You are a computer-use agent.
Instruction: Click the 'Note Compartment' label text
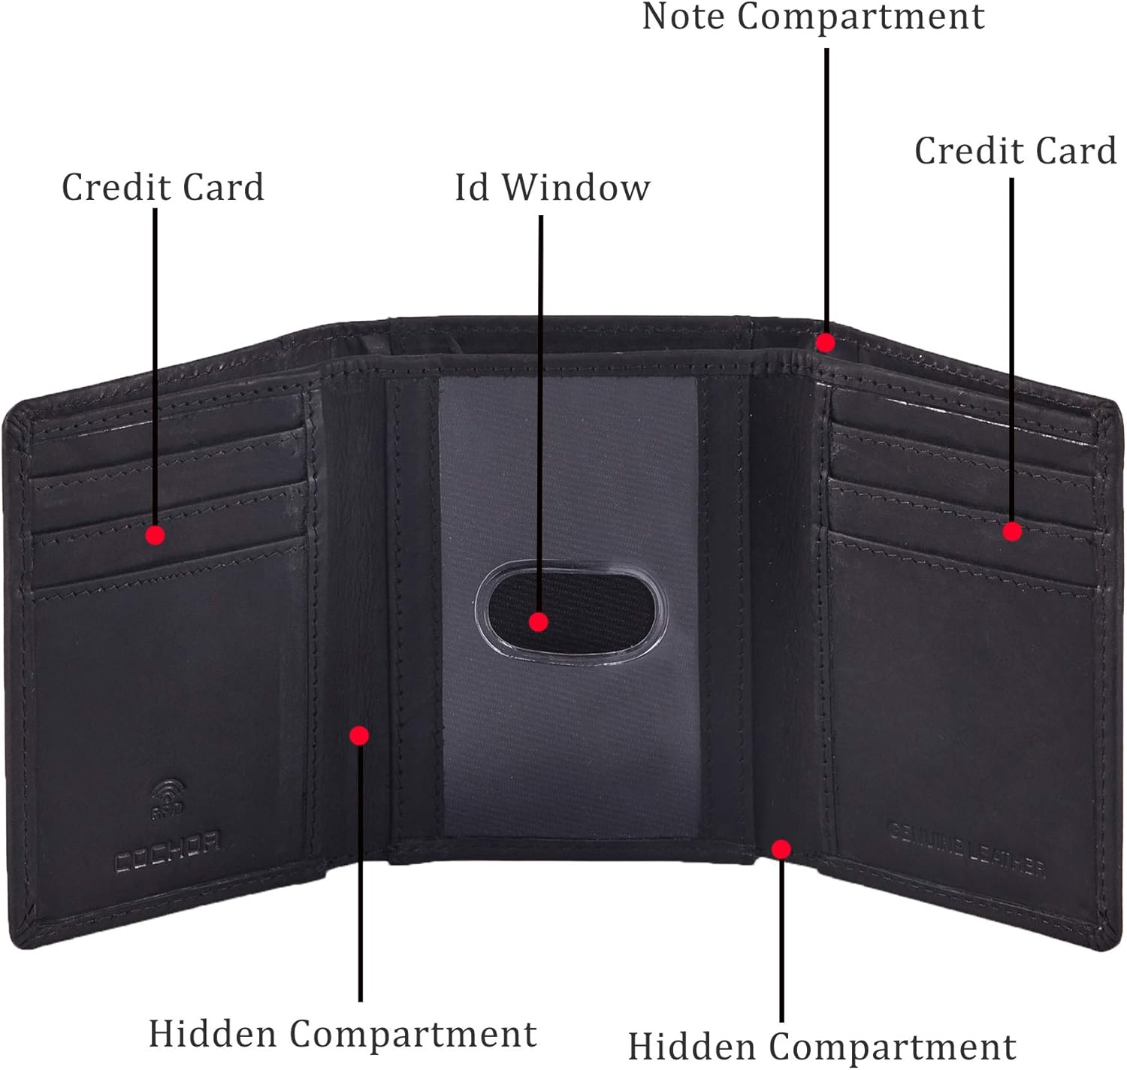tap(813, 17)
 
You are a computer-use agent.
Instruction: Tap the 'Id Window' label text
tap(552, 187)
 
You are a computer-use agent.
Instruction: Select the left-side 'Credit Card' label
tap(163, 187)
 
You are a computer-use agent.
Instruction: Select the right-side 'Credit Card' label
tap(1015, 151)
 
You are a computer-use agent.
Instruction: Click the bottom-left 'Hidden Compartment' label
tap(343, 1034)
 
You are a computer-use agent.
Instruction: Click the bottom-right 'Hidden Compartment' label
tap(822, 1047)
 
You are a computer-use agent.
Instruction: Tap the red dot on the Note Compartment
tap(825, 343)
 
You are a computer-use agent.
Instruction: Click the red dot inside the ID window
tap(538, 622)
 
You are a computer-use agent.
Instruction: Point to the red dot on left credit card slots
tap(156, 535)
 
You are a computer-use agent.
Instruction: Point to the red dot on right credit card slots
tap(1012, 532)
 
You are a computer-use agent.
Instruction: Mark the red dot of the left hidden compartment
tap(359, 735)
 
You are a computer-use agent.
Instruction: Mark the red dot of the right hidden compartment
tap(781, 849)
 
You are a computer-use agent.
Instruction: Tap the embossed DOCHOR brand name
tap(167, 850)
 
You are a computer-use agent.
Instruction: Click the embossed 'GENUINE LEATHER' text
tap(966, 850)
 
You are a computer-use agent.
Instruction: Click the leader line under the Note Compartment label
tap(826, 188)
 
